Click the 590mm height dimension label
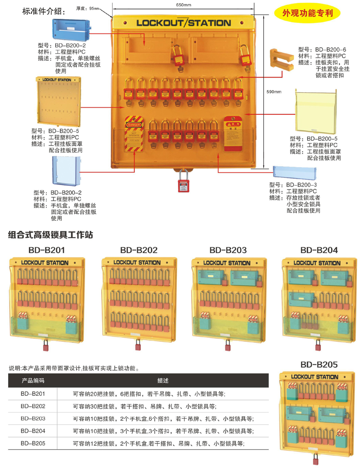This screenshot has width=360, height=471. click(274, 92)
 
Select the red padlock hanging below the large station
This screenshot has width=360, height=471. click(183, 185)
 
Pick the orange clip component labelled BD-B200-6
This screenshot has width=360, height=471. click(282, 59)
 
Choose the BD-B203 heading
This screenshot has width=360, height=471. click(228, 250)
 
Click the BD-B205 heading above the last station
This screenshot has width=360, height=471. click(319, 364)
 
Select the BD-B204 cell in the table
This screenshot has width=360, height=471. click(33, 431)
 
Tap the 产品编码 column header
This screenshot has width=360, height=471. click(33, 380)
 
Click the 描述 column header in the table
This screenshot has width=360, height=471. click(162, 380)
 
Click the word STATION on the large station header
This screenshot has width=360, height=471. click(208, 23)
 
